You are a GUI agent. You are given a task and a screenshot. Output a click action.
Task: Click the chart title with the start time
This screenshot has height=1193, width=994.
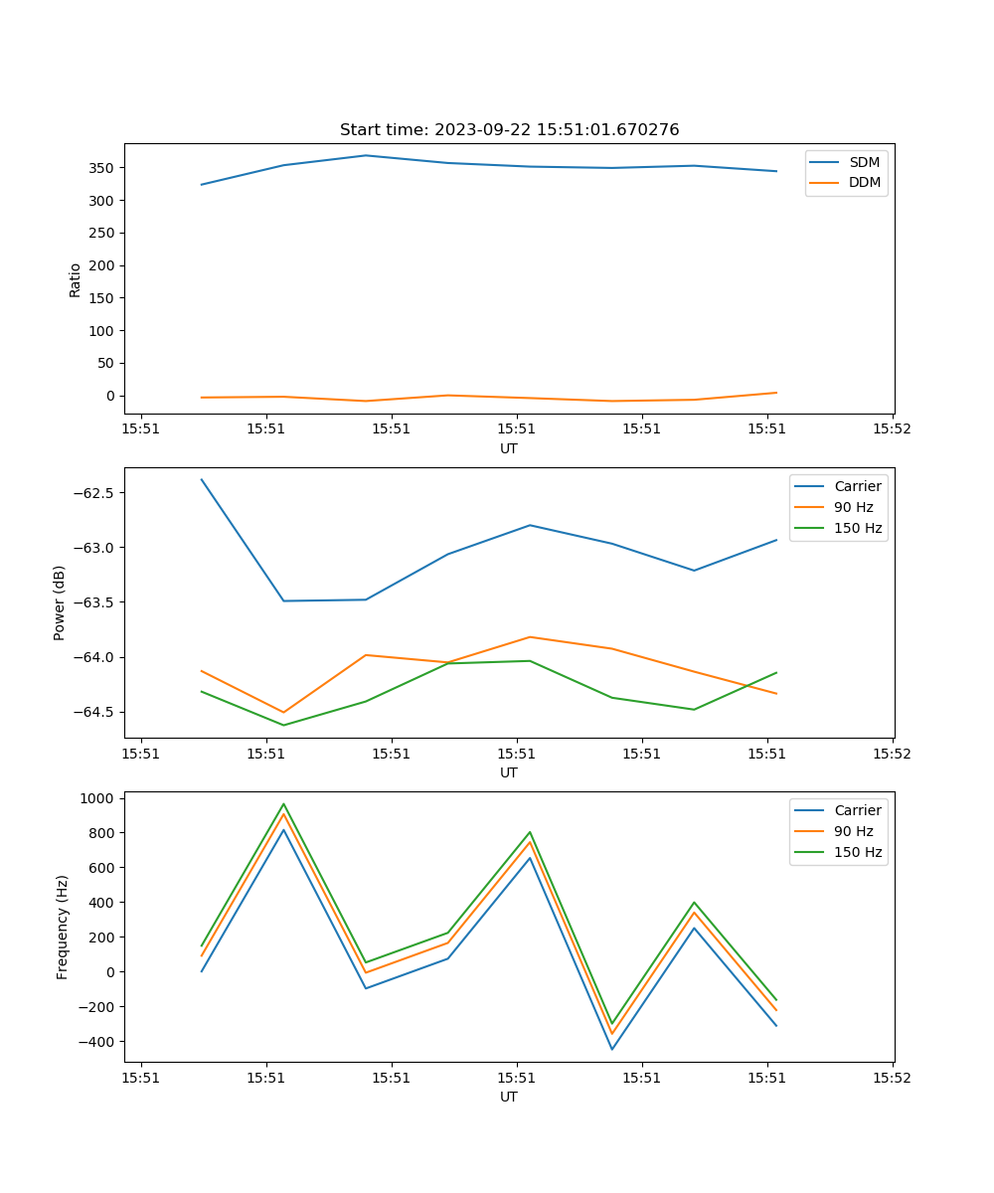(x=509, y=130)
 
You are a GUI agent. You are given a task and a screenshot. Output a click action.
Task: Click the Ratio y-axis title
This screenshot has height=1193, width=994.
(x=76, y=279)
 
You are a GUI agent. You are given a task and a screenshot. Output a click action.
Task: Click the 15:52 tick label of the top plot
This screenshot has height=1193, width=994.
(x=892, y=430)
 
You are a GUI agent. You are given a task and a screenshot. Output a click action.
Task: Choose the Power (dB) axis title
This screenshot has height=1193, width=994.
(x=61, y=602)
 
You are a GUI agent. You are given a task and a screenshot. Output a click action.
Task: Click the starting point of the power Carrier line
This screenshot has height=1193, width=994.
(x=202, y=479)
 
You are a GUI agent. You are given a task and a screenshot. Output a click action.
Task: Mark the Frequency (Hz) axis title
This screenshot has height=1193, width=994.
(x=63, y=927)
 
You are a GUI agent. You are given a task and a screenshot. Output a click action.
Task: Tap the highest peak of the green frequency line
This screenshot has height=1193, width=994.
(x=283, y=804)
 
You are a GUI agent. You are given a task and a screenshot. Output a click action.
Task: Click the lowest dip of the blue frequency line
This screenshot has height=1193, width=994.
(x=612, y=1049)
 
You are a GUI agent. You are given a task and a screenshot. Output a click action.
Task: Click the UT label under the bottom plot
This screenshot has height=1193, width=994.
(x=509, y=1097)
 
